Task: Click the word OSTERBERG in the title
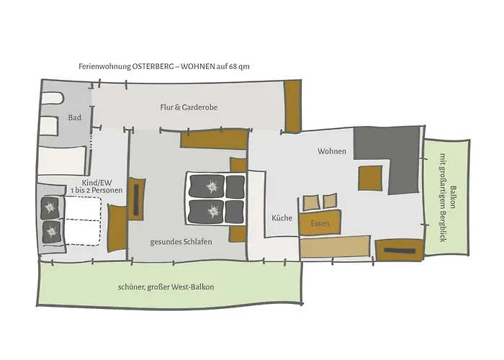153,66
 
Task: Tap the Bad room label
75,117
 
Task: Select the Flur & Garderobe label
189,107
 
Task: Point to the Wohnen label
332,151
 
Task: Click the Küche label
282,218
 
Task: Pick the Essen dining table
320,222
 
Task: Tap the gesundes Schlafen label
181,242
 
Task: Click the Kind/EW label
96,183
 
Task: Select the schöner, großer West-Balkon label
166,287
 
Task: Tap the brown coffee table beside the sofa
370,178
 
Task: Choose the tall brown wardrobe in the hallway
292,106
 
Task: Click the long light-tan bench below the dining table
335,246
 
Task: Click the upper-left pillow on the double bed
206,186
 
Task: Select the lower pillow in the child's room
51,231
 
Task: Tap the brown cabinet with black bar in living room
399,251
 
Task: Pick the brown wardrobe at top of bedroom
214,139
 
